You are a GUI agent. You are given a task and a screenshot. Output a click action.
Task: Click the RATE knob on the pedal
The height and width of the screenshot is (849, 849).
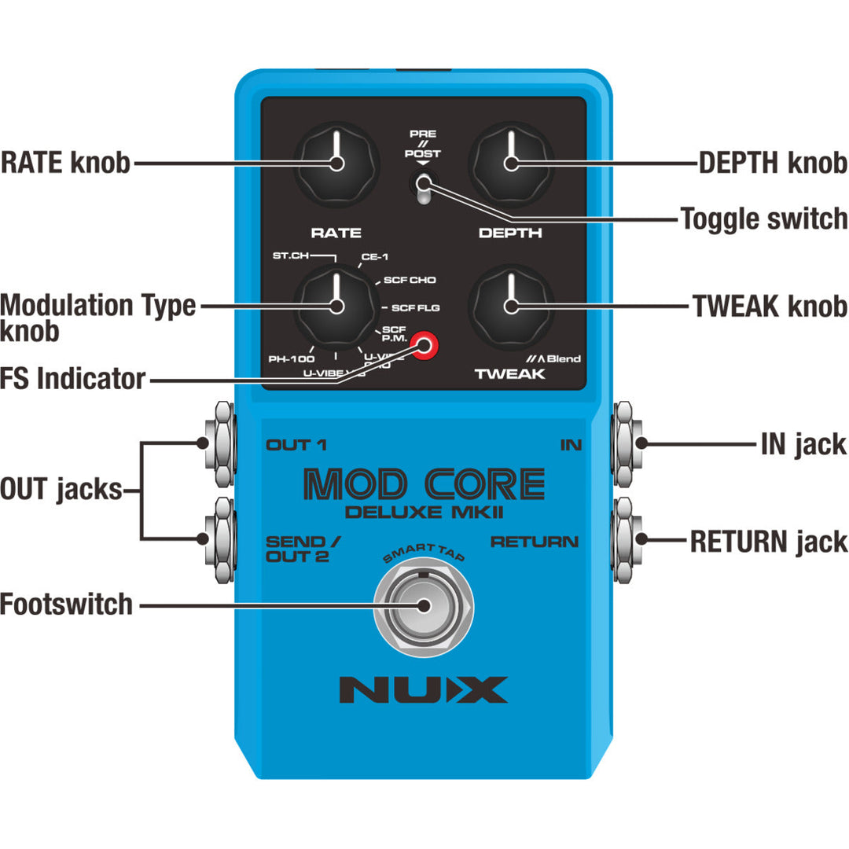(x=336, y=164)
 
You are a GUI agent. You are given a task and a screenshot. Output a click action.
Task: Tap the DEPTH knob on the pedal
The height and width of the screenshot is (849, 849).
(x=510, y=164)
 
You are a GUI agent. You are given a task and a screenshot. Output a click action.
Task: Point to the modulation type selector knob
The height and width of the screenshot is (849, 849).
(x=336, y=306)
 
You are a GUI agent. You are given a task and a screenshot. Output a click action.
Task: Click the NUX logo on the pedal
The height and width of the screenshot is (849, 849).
(x=423, y=689)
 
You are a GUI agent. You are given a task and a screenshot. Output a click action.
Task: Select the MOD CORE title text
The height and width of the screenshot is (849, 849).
(x=424, y=485)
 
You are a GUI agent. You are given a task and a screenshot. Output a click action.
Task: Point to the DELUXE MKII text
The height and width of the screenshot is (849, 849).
(x=424, y=514)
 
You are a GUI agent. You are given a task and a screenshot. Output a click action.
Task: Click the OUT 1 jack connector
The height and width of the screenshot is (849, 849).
(x=218, y=442)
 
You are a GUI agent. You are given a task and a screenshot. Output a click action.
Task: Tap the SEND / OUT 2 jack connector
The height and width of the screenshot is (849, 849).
(x=218, y=538)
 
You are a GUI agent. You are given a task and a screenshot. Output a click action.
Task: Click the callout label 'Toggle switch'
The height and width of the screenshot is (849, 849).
(x=763, y=218)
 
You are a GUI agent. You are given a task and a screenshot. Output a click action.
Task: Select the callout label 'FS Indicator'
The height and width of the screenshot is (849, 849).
(x=73, y=379)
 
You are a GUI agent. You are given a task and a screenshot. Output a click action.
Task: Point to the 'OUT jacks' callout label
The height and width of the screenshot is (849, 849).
(x=61, y=491)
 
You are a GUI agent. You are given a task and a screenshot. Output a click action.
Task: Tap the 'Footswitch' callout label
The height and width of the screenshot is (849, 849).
(x=66, y=605)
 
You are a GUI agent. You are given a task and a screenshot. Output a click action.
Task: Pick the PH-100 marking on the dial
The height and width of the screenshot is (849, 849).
(x=291, y=358)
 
